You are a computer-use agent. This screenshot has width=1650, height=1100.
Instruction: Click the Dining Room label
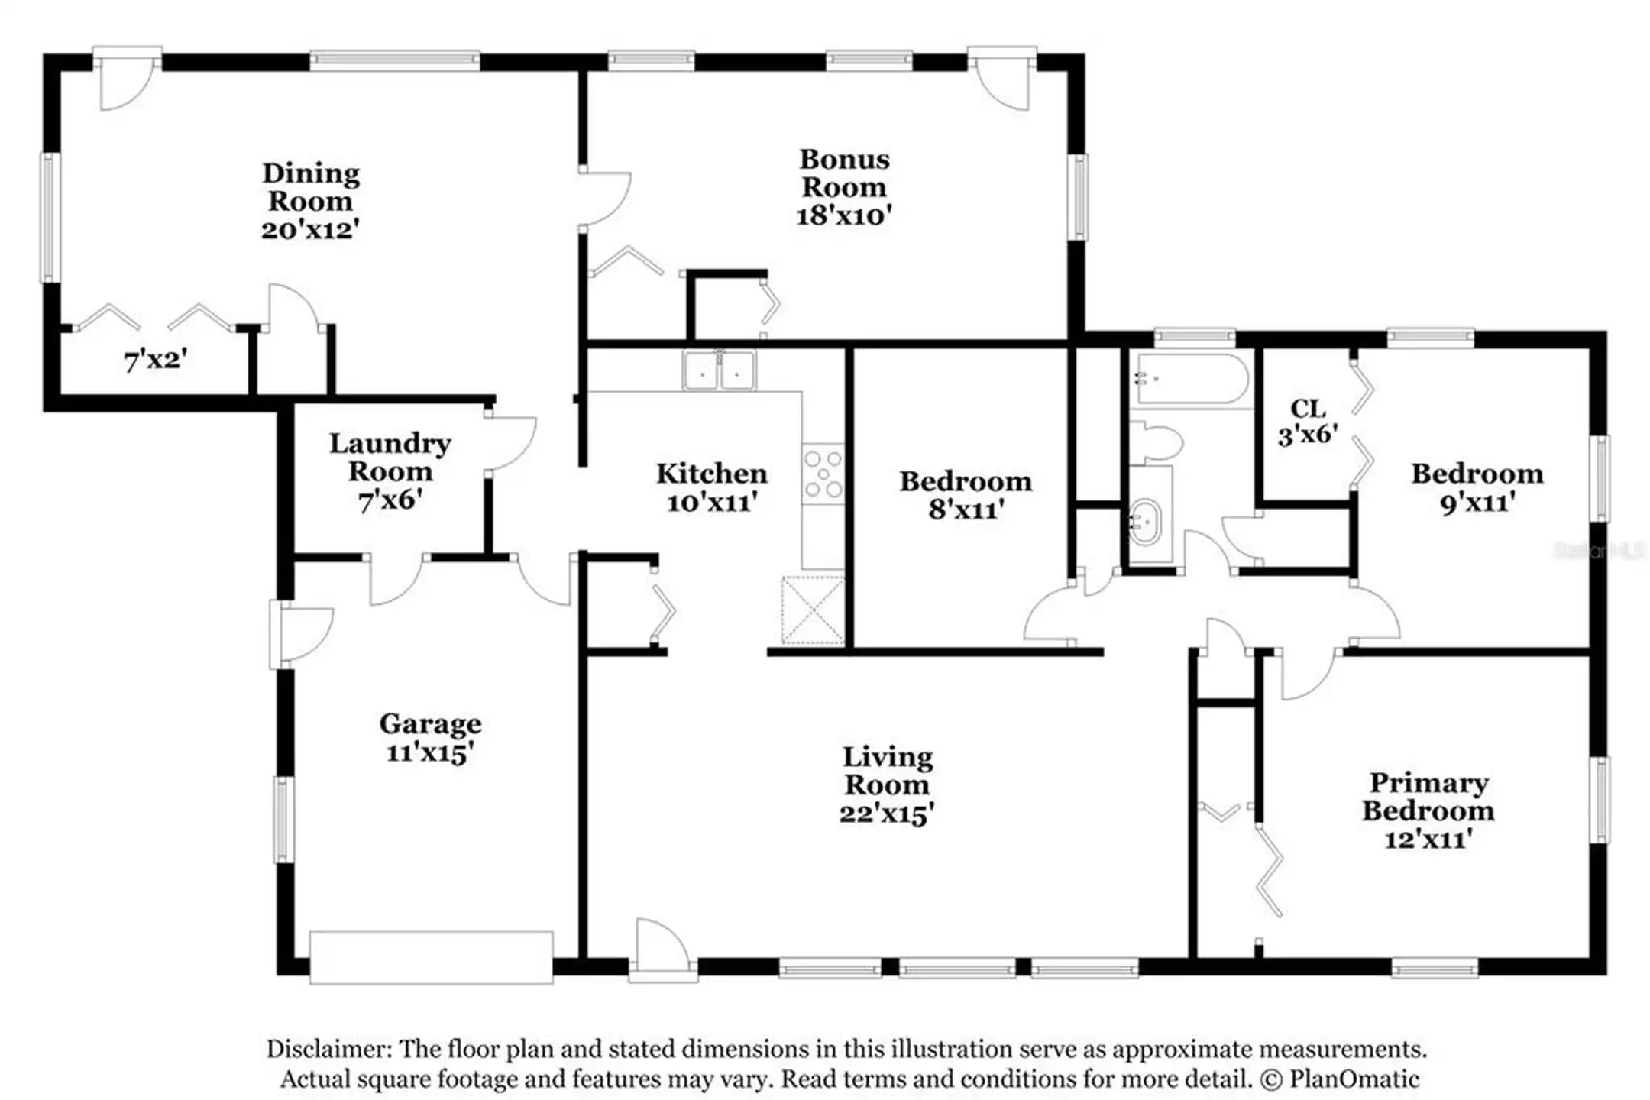[311, 187]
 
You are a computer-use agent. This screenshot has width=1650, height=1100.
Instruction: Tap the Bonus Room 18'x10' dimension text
[844, 215]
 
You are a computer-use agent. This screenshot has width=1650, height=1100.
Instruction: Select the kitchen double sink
[719, 370]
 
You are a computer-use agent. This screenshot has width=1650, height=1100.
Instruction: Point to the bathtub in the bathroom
[1192, 379]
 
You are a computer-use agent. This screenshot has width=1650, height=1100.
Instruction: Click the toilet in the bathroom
[1156, 442]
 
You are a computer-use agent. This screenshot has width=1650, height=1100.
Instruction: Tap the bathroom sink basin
[1144, 522]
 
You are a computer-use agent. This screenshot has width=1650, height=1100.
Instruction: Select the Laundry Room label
[390, 457]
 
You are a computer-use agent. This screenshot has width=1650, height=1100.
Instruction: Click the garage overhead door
[431, 957]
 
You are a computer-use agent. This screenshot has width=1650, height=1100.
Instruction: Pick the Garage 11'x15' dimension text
[430, 752]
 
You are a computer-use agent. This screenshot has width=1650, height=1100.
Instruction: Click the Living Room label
[887, 771]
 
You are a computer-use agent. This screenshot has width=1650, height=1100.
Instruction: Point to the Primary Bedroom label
[1428, 796]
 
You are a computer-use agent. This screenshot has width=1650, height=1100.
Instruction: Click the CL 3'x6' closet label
[1308, 422]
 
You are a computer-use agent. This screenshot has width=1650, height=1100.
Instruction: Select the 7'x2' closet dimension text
[156, 360]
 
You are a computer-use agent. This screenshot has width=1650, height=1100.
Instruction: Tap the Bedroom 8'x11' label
[966, 495]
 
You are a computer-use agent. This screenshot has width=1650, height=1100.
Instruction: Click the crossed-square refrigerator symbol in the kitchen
[813, 610]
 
